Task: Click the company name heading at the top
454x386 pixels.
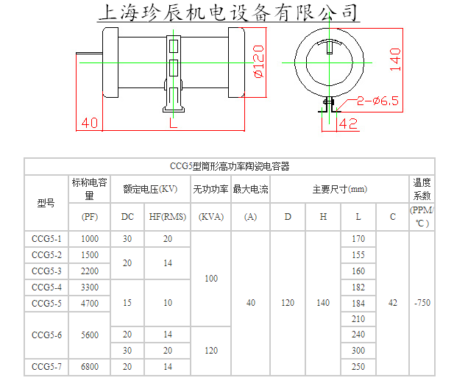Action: (229, 12)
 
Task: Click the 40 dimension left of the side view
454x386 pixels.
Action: (89, 122)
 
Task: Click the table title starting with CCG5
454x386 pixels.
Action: (229, 166)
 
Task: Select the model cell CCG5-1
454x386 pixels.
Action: (46, 239)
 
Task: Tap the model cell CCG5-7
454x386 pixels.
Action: (46, 366)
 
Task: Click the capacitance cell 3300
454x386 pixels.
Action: (90, 287)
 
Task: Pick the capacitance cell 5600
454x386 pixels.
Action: (90, 335)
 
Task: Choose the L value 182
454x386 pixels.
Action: (358, 287)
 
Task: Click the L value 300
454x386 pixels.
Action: (358, 351)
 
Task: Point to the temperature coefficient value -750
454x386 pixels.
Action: (422, 303)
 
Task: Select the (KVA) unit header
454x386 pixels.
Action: (211, 217)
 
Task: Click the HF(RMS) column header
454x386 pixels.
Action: (168, 217)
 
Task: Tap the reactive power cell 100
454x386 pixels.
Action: (211, 279)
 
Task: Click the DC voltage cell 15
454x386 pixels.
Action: (127, 303)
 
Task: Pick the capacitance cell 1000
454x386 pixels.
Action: (90, 239)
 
